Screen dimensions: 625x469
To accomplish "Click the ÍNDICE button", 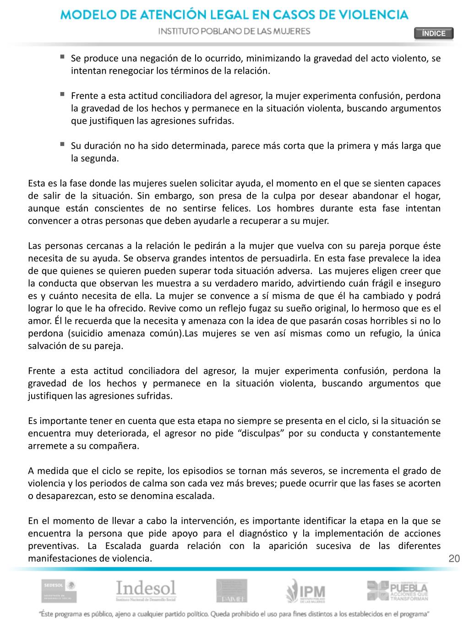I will tap(433, 33).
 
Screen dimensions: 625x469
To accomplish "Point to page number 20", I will tap(454, 558).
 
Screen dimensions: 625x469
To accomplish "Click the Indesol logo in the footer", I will tap(146, 591).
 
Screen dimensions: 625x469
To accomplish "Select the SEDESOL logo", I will tap(59, 591).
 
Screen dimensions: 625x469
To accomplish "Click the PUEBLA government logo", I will tap(397, 591).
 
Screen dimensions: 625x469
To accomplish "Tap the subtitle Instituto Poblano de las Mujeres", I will tap(234, 31).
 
